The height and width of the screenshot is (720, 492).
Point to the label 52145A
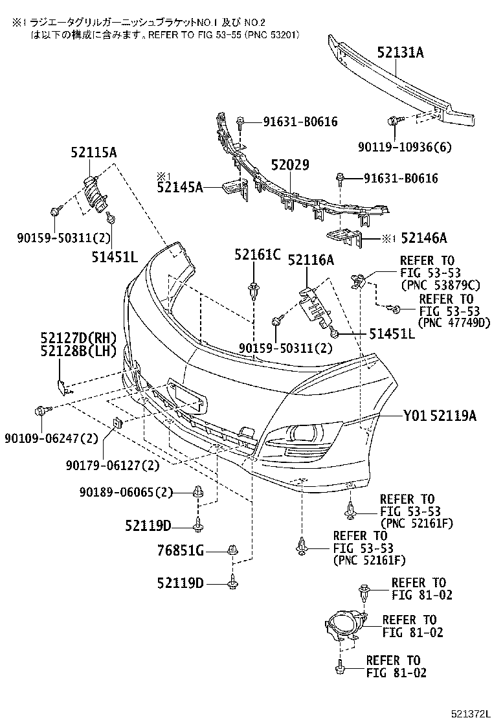click(x=179, y=188)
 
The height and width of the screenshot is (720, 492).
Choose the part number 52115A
click(x=94, y=153)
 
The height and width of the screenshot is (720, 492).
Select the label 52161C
click(x=258, y=255)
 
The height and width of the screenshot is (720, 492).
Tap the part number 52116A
click(x=311, y=260)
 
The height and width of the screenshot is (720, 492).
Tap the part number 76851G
click(x=181, y=551)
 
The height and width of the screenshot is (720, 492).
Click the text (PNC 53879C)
click(x=442, y=284)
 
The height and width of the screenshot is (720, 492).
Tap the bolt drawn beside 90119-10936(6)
click(x=392, y=121)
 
